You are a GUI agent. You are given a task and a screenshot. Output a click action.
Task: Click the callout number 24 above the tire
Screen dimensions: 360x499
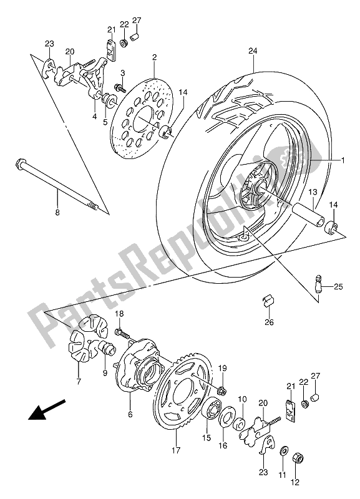tap(253, 51)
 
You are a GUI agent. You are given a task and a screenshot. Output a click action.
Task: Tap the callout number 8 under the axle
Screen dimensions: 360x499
tap(57, 213)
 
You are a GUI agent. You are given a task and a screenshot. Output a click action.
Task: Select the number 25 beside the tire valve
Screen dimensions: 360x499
tap(338, 287)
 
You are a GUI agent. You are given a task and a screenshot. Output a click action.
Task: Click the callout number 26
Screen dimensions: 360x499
tap(270, 322)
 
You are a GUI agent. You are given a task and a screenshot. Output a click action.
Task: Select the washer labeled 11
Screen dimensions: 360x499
tap(283, 451)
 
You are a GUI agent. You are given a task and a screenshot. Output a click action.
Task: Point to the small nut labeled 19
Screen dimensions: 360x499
tap(222, 390)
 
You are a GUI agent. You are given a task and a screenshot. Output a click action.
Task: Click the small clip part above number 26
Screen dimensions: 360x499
tap(268, 301)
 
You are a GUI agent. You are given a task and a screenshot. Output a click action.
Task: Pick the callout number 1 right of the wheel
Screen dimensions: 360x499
tap(343, 160)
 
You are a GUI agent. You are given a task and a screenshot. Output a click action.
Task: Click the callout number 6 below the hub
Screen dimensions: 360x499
tap(130, 415)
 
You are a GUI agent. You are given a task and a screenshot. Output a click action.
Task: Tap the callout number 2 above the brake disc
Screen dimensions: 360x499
tap(154, 57)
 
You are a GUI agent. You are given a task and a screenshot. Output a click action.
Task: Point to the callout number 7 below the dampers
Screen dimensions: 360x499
tap(79, 381)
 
